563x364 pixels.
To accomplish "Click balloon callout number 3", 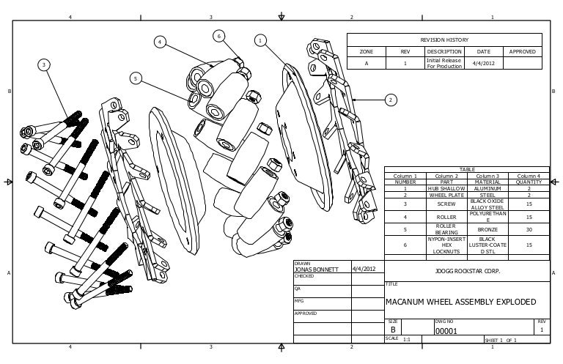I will pyautogui.click(x=44, y=65).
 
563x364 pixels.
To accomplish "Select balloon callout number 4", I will pyautogui.click(x=159, y=42).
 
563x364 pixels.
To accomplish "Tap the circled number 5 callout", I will pyautogui.click(x=136, y=78).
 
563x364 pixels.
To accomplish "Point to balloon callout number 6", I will pyautogui.click(x=218, y=36).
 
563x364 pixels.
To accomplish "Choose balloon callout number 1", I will pyautogui.click(x=260, y=40).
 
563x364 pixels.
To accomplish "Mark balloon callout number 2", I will pyautogui.click(x=390, y=99).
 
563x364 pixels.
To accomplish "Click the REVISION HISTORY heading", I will pyautogui.click(x=444, y=40).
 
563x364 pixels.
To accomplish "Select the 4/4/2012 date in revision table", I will pyautogui.click(x=484, y=63).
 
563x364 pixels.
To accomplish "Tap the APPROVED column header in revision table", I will pyautogui.click(x=522, y=52).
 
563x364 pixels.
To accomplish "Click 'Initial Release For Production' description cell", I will pyautogui.click(x=444, y=64).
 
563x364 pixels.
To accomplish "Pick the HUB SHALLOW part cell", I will pyautogui.click(x=446, y=188).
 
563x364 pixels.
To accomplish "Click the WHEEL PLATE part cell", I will pyautogui.click(x=446, y=195).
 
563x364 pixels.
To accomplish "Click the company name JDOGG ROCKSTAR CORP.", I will pyautogui.click(x=467, y=270).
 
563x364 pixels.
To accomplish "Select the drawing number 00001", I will pyautogui.click(x=446, y=331).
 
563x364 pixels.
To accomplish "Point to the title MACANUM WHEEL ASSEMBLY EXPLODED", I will pyautogui.click(x=460, y=302).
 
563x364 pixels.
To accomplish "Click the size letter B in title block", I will pyautogui.click(x=393, y=330).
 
